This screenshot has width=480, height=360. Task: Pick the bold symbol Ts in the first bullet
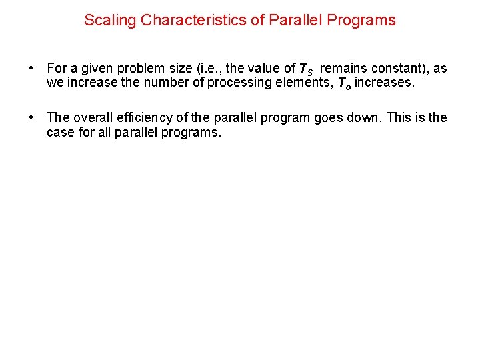pyautogui.click(x=305, y=69)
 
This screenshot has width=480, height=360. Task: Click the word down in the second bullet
pyautogui.click(x=364, y=118)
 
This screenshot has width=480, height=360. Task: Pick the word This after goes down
pyautogui.click(x=399, y=118)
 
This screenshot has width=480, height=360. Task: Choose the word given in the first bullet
pyautogui.click(x=96, y=69)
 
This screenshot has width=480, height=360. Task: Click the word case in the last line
pyautogui.click(x=60, y=132)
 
